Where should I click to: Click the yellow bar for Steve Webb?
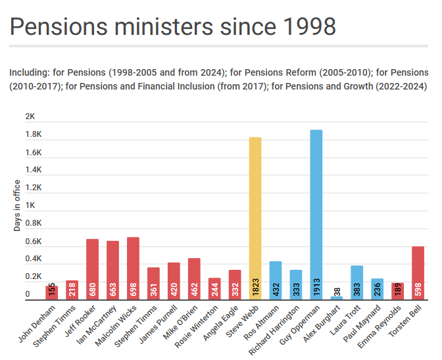point(255,219)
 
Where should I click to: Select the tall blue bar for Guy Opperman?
point(316,215)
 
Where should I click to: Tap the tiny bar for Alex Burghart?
point(337,298)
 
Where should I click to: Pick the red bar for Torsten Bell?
point(418,273)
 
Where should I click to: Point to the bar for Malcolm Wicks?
point(133,269)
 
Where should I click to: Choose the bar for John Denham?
point(52,293)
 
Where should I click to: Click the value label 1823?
point(255,287)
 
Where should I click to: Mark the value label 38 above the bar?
point(337,292)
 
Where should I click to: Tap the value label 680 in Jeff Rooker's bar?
point(93,290)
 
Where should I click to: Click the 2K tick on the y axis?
point(30,116)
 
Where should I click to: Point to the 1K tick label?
point(30,205)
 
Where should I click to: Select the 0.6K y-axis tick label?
point(34,242)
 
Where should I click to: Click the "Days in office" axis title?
point(17,205)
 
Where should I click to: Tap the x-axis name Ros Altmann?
point(262,322)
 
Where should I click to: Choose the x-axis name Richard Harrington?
point(274,330)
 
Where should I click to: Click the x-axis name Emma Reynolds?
point(380,326)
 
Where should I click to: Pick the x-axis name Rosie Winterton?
point(197,326)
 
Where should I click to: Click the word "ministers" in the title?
point(164,26)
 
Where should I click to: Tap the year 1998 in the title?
point(309,26)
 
